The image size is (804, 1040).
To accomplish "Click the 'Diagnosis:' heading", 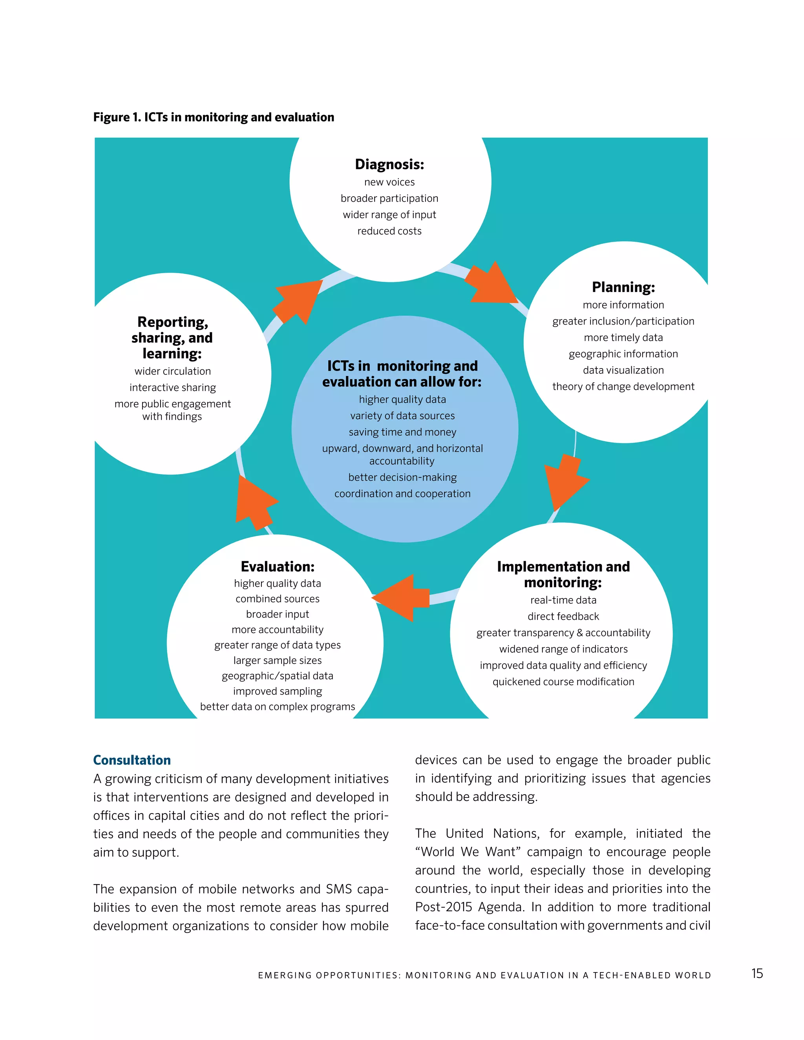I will tap(389, 164).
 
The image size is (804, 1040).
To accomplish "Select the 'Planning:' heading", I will tap(623, 287).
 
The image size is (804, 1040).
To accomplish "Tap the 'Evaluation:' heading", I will tap(277, 566).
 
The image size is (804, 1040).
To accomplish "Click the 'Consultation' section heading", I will tap(132, 760).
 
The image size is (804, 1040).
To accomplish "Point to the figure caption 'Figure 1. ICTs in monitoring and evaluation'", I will tap(214, 117).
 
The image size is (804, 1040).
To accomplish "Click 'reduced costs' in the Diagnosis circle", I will tap(389, 231).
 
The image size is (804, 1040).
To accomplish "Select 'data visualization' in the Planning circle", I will tap(623, 370).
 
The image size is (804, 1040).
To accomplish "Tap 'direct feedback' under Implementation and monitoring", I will tap(563, 616).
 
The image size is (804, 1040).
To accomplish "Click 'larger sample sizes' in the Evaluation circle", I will tap(277, 660).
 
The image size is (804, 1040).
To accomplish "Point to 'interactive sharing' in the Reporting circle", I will tap(172, 388).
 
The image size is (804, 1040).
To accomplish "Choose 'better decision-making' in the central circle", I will tap(402, 477).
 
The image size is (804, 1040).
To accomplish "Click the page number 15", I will tap(757, 973).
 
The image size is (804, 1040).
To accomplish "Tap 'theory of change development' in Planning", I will tap(623, 386).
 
